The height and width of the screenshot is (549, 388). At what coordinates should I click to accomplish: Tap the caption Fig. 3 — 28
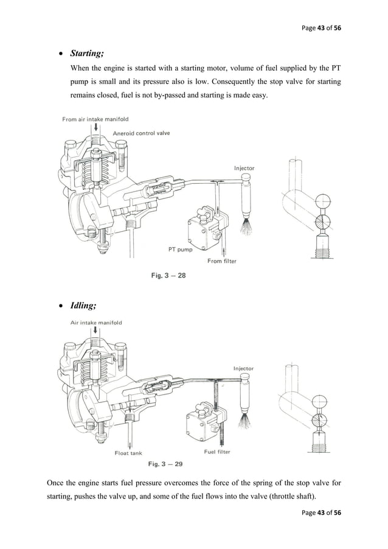pyautogui.click(x=168, y=276)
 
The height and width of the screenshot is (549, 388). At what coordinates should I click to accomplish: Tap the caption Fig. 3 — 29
pyautogui.click(x=168, y=464)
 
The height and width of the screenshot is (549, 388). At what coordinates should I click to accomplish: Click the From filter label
pyautogui.click(x=222, y=261)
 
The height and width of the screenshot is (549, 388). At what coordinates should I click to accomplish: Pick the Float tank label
pyautogui.click(x=128, y=452)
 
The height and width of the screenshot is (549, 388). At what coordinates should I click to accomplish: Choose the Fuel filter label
pyautogui.click(x=217, y=452)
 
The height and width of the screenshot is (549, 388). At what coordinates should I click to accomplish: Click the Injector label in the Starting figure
pyautogui.click(x=244, y=167)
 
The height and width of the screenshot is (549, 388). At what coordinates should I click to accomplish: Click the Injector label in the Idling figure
pyautogui.click(x=243, y=368)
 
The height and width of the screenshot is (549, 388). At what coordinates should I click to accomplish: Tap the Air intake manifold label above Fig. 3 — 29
pyautogui.click(x=96, y=323)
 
